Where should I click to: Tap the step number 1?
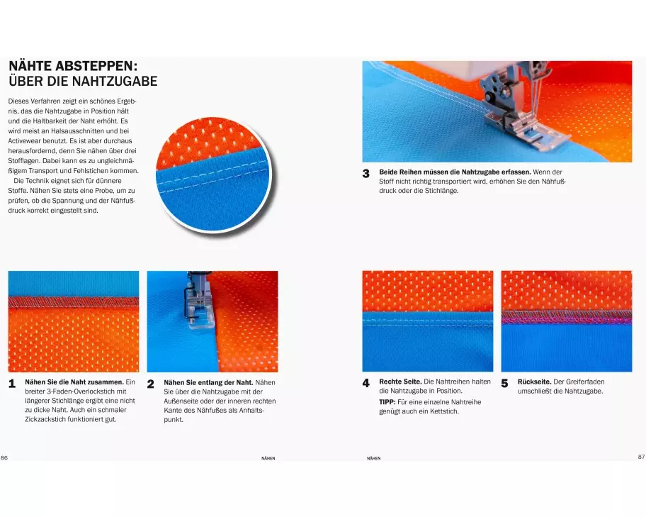coord(12,384)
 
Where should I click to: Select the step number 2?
coord(151,384)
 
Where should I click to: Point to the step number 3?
coord(365,174)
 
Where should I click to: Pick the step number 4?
coord(365,383)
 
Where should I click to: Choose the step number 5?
coord(504,383)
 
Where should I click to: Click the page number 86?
coord(4,457)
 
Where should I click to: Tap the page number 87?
coord(642,457)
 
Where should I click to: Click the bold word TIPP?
coord(387,402)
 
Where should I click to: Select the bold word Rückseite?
coord(534,382)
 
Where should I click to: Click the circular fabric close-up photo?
coord(213,174)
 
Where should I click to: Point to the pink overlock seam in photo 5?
coord(567,317)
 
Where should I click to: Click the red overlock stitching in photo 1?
coord(74,302)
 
